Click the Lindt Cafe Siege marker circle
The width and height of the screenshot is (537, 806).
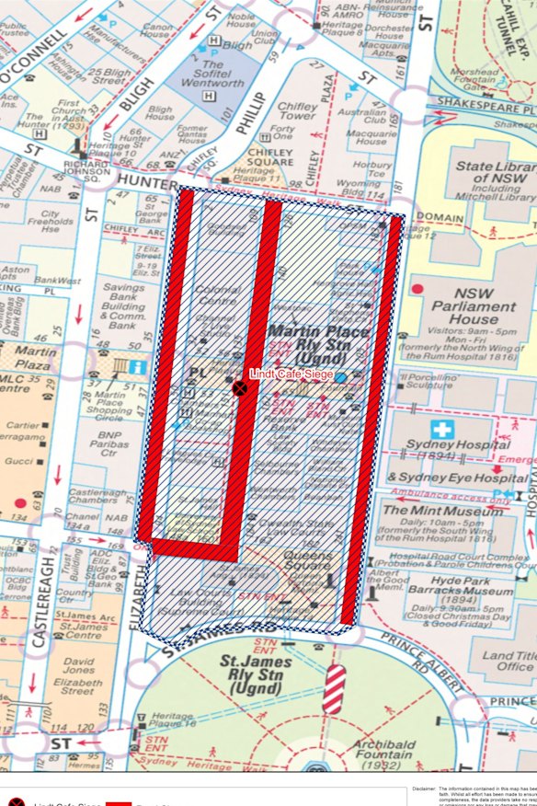[240, 389]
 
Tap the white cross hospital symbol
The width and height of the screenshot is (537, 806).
[442, 430]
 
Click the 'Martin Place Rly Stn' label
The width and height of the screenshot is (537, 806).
[317, 339]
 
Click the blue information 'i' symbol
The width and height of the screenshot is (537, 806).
[137, 367]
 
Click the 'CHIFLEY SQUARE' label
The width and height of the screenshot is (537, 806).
[268, 155]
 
